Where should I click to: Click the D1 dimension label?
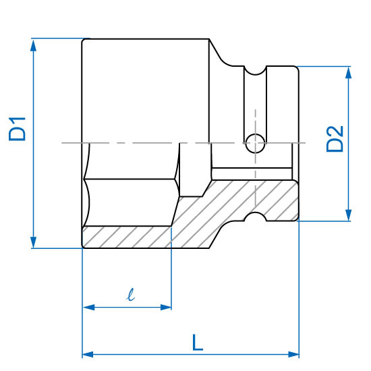17,129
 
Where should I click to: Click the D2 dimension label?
335,139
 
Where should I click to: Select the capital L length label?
198,343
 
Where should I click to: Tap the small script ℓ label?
131,295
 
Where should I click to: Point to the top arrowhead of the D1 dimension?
33,45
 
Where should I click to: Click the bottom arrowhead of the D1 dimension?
33,241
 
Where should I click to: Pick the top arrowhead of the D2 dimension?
348,73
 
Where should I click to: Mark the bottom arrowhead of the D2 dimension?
348,215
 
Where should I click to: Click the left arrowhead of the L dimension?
88,354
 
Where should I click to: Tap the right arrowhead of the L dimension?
293,354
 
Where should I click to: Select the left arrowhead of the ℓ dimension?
89,308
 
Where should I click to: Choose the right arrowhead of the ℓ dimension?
166,308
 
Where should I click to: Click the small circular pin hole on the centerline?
255,144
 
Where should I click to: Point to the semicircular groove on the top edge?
255,71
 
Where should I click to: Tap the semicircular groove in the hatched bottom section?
255,217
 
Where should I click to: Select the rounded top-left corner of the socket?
84,41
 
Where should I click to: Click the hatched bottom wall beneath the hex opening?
127,237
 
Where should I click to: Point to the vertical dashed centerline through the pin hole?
255,157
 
